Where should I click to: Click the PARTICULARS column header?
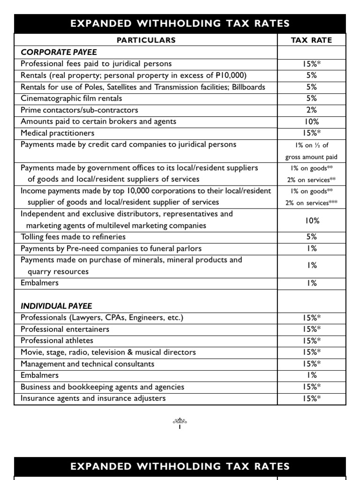[x=146, y=40]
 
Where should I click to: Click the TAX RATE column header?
[x=311, y=40]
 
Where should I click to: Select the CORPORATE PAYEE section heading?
[x=59, y=52]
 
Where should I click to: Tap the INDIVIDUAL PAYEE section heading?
[x=56, y=306]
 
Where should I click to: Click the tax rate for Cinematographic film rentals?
[x=311, y=98]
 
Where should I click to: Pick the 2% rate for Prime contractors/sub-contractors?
[x=311, y=110]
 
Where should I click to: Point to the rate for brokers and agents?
[x=311, y=121]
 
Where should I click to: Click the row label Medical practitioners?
[x=57, y=133]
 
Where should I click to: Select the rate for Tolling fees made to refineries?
[x=311, y=237]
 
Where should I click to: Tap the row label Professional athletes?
[x=57, y=341]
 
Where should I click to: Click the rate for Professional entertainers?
[x=311, y=329]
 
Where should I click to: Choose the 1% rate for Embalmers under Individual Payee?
[x=311, y=375]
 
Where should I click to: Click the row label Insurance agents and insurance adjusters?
[x=93, y=398]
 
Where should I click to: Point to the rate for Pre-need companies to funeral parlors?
[x=311, y=248]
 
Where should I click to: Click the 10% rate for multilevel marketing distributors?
[x=311, y=220]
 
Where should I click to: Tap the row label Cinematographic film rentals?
[x=71, y=98]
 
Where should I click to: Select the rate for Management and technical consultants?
[x=311, y=364]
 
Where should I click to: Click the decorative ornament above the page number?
[x=180, y=421]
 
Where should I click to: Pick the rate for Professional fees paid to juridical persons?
[x=311, y=64]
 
